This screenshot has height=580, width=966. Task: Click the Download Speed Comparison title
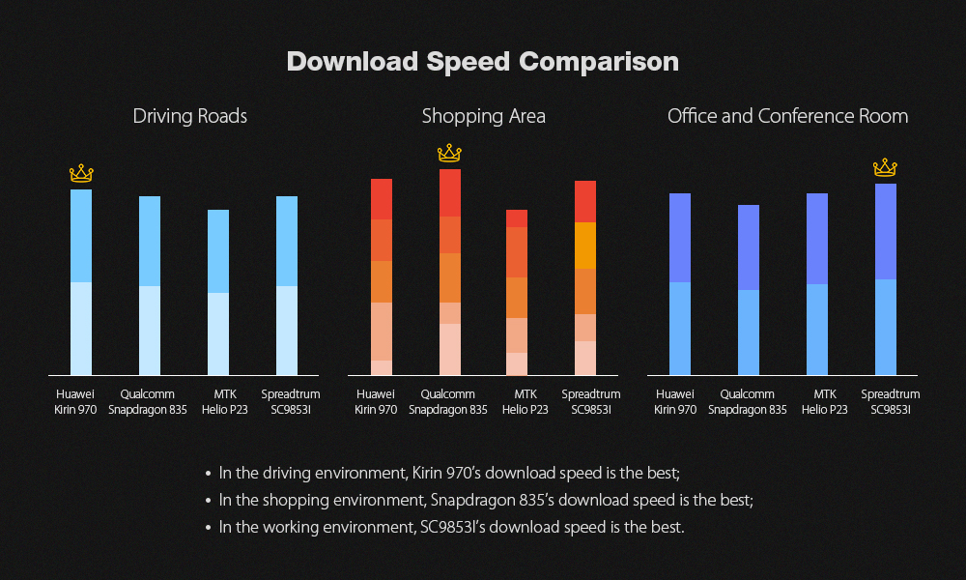point(483,62)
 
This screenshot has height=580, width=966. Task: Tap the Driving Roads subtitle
point(190,116)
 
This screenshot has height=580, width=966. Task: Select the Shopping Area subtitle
point(483,116)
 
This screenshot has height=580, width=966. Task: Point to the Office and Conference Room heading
point(787,116)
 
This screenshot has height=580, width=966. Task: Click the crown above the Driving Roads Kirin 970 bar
point(81,174)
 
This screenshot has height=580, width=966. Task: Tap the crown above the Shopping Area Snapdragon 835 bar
point(449,153)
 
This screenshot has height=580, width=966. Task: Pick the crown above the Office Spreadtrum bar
point(885,168)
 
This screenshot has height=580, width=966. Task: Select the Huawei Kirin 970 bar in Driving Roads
point(81,282)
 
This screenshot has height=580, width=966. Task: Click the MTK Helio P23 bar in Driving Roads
point(218,292)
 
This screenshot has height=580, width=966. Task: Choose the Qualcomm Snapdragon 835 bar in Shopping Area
point(450,273)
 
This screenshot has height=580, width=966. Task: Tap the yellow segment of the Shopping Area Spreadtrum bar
point(585,246)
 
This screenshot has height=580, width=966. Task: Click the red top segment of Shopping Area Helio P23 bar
point(517,218)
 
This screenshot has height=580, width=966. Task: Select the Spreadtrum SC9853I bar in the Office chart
point(886,279)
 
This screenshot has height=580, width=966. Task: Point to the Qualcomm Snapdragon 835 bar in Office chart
point(749,290)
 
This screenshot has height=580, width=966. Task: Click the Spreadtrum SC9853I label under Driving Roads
point(291,401)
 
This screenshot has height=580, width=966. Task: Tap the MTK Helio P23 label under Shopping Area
point(525,401)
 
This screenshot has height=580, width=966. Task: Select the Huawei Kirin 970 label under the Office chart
point(675,401)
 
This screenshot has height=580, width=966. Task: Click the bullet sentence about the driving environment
point(449,474)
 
